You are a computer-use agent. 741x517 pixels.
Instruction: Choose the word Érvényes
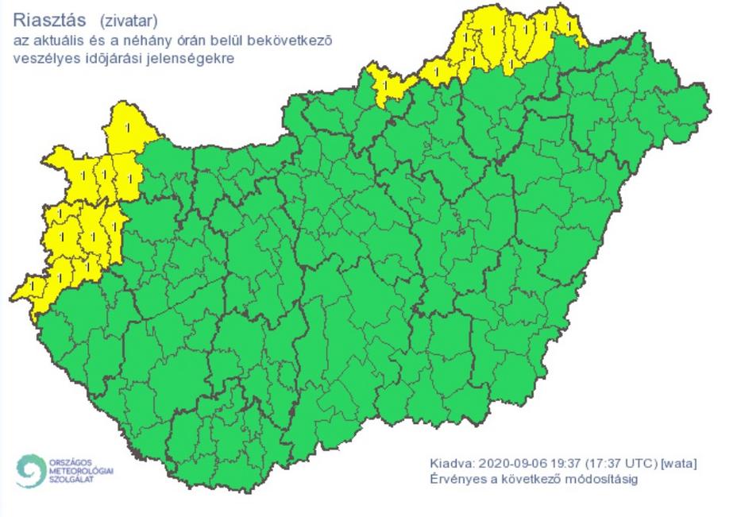[x=457, y=480]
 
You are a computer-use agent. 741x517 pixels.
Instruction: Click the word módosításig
[x=603, y=480]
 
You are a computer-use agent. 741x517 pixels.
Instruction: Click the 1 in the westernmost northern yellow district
[x=385, y=83]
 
